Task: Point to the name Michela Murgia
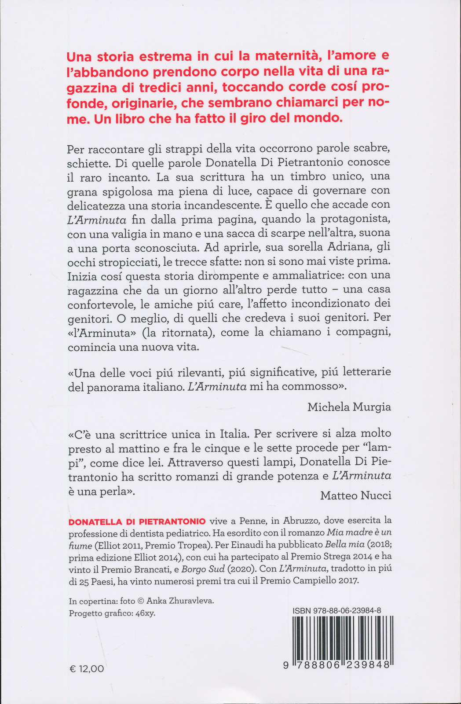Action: pos(349,407)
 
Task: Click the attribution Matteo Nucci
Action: pos(355,495)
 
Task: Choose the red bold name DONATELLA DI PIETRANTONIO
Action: pos(137,522)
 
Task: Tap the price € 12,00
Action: pos(87,669)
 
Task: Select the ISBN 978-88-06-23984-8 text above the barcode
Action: pos(337,611)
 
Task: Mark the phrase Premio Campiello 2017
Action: pos(309,581)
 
